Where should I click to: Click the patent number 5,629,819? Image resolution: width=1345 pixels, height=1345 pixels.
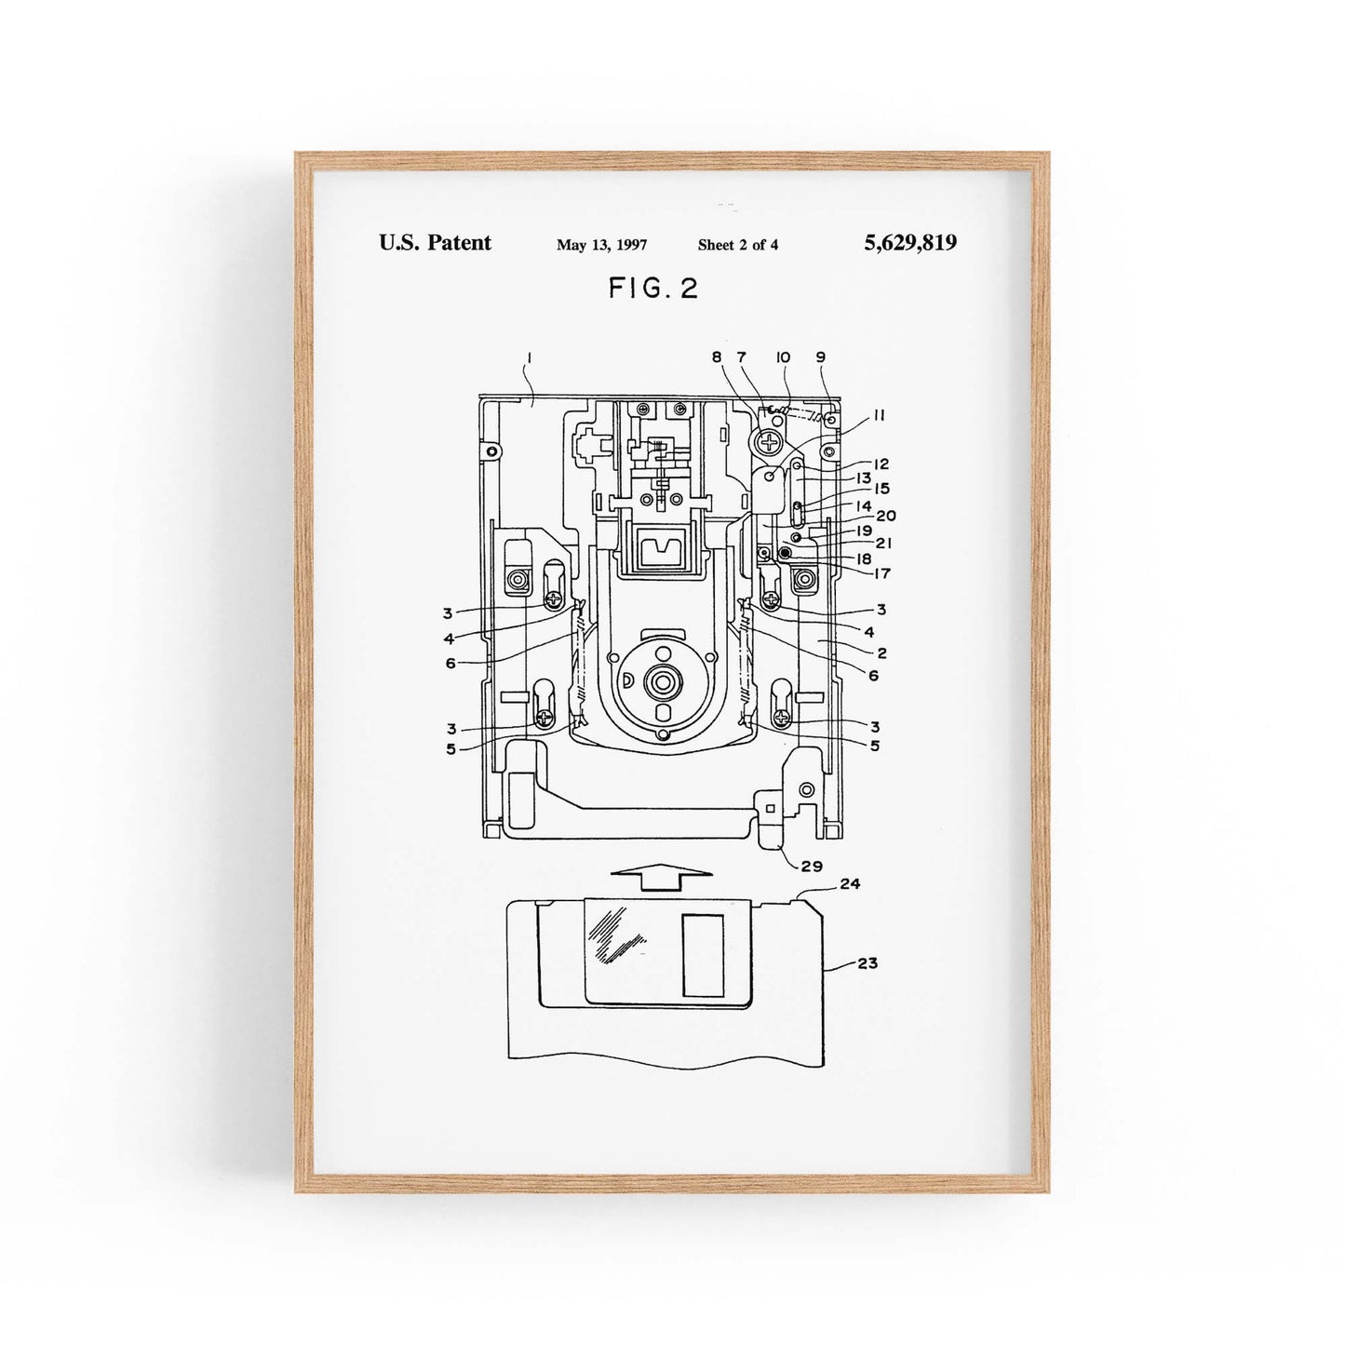(x=910, y=243)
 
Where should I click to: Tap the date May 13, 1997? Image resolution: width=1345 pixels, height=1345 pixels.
(x=601, y=245)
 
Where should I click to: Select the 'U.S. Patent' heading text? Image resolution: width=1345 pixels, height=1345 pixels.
(x=435, y=243)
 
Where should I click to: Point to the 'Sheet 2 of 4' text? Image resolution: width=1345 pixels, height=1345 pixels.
(x=738, y=245)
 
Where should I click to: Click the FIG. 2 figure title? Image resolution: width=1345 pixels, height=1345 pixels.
(x=653, y=288)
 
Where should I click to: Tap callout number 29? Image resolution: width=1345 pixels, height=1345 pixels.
(x=812, y=867)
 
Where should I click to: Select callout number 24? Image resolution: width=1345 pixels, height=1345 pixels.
(x=850, y=883)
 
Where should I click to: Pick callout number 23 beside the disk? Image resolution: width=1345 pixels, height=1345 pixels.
(x=867, y=963)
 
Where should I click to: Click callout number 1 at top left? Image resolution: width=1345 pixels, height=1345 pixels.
(x=530, y=358)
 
